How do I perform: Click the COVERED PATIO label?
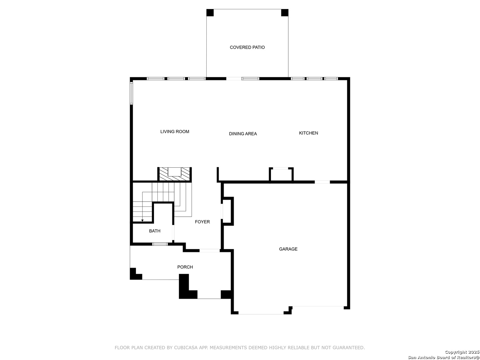247,47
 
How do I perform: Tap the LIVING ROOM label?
175,132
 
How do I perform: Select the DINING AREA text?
243,134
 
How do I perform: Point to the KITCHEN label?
308,133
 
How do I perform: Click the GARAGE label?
288,249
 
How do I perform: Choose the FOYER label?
202,222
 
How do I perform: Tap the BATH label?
155,231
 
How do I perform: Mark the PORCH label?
185,267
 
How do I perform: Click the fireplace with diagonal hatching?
175,174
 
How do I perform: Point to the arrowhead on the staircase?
142,220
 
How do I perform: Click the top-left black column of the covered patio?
210,13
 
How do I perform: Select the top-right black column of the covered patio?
285,13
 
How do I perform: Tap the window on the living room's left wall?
131,93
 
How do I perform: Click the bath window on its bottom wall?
160,244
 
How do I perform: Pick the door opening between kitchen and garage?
322,182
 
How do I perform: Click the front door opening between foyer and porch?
209,250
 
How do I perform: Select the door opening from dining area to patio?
234,79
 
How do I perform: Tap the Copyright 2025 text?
461,352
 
